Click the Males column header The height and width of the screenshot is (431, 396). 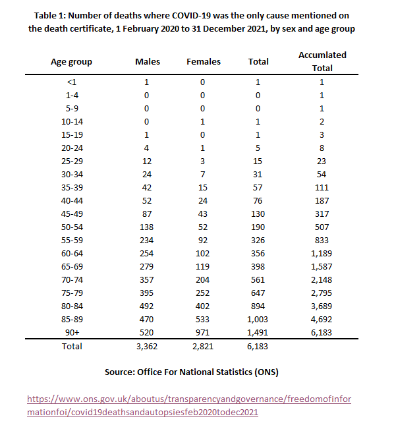(147, 61)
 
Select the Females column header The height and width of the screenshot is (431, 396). (204, 61)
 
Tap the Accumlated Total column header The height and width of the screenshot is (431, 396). (322, 61)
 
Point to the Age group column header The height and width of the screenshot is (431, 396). (72, 61)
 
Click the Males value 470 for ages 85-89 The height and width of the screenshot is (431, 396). (147, 320)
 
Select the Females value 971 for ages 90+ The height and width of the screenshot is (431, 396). (204, 333)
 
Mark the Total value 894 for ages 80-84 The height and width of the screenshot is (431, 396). (258, 306)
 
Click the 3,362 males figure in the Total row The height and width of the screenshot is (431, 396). (147, 346)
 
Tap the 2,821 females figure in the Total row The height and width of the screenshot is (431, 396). (204, 346)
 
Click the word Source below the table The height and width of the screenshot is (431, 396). (122, 372)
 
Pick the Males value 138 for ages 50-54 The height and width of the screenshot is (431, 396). (147, 227)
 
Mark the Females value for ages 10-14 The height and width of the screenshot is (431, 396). (204, 121)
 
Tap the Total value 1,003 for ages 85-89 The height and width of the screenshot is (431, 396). (258, 320)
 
